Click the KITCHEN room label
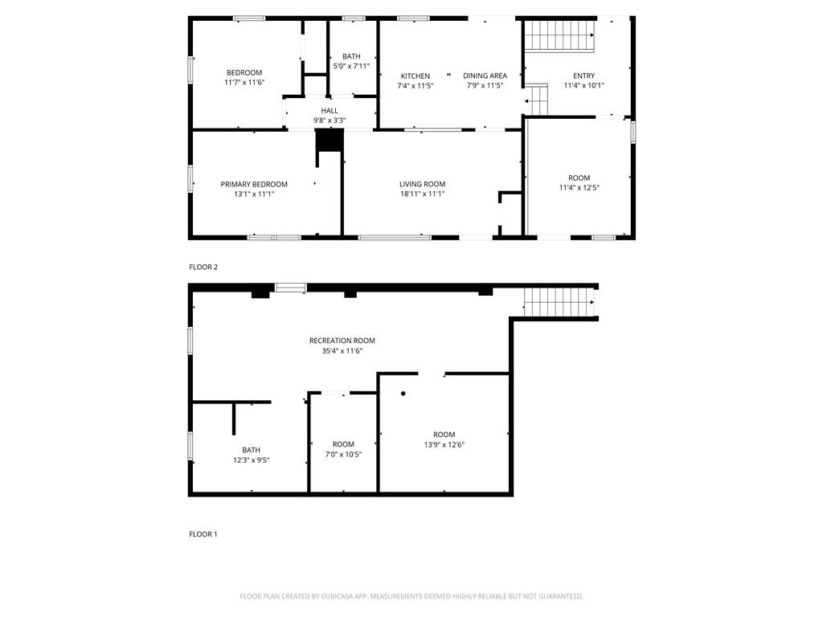point(416,76)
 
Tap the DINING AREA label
point(485,76)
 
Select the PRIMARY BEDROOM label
point(254,184)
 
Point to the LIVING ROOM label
point(423,184)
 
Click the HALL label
point(330,111)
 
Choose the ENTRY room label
point(584,76)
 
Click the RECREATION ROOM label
point(342,341)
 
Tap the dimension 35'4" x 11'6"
point(342,351)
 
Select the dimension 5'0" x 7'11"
point(352,66)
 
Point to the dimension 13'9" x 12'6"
point(444,445)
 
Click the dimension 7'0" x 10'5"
point(343,455)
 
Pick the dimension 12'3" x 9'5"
point(252,460)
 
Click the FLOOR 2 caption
point(203,267)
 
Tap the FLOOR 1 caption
point(203,534)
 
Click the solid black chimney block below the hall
point(330,141)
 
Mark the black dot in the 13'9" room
point(403,394)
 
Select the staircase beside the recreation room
point(560,302)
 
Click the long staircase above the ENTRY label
point(559,35)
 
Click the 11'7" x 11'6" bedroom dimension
point(244,83)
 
